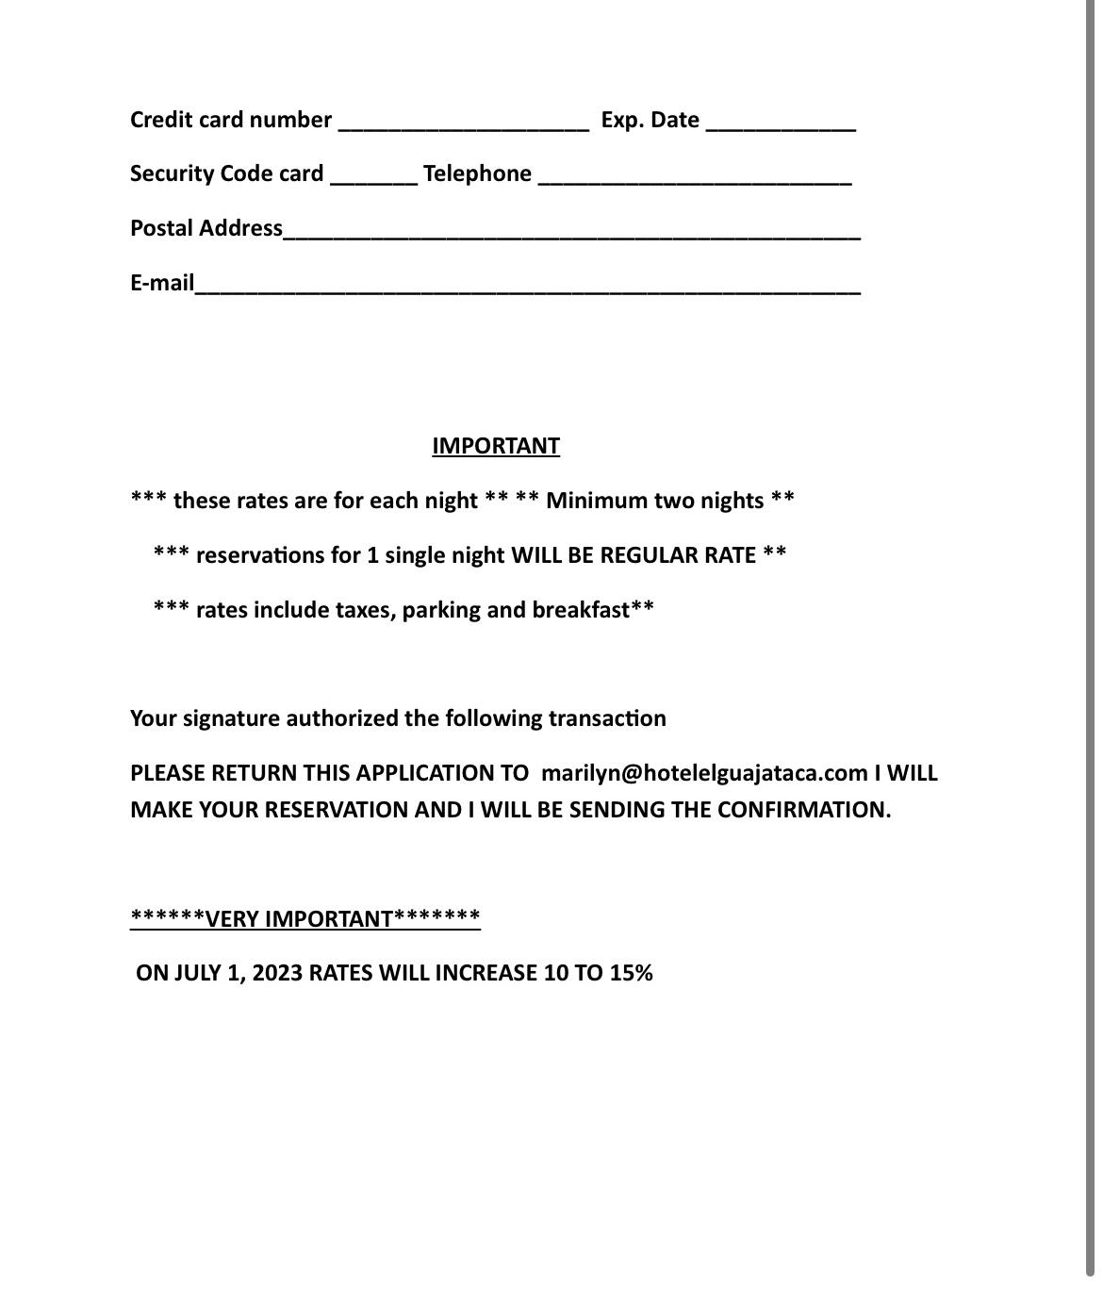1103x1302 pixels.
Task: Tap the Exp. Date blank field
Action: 781,123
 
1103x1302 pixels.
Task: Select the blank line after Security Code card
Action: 373,176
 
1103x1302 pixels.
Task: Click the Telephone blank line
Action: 695,176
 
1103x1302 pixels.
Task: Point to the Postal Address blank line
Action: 571,231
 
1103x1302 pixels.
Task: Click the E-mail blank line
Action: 527,286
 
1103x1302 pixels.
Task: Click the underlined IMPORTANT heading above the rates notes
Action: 496,446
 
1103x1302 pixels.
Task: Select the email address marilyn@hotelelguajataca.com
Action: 704,773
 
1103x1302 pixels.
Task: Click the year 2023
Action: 277,973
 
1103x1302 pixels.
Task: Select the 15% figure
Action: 631,973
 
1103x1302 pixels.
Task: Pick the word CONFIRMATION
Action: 803,810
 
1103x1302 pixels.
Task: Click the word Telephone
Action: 477,174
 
